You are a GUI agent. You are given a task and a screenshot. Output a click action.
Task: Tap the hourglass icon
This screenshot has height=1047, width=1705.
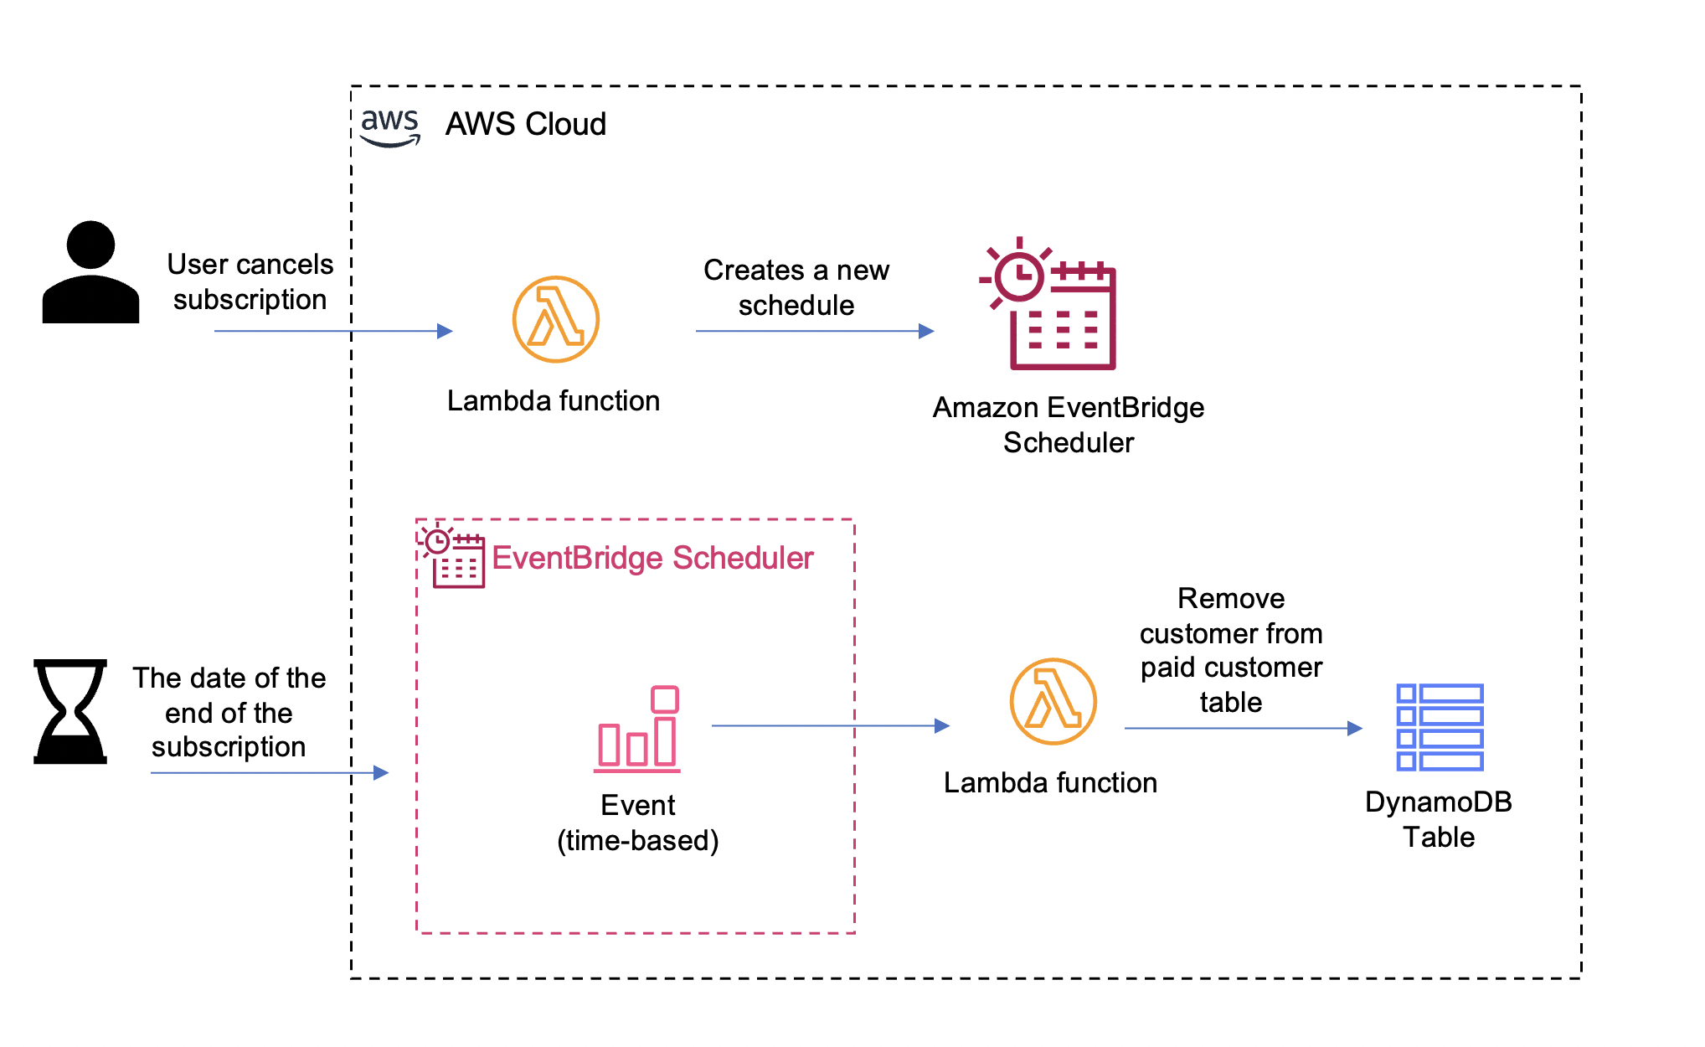click(70, 711)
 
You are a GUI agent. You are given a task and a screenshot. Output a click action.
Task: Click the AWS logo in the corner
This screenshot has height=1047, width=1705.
click(389, 127)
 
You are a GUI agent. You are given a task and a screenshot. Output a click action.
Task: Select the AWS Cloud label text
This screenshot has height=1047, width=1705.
click(525, 124)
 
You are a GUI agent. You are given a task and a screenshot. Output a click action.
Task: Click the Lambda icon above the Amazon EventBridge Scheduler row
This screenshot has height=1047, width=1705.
click(555, 319)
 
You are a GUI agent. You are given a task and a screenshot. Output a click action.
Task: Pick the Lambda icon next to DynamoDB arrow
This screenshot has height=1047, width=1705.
click(1053, 701)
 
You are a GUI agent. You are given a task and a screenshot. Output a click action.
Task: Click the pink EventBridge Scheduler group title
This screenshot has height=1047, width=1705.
click(652, 558)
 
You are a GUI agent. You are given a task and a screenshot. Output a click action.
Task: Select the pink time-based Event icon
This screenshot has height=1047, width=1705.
click(637, 729)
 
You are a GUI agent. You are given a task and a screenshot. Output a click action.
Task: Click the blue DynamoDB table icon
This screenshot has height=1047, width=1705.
click(1440, 727)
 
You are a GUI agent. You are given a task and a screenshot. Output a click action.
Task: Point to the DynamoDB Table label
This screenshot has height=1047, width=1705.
click(1438, 819)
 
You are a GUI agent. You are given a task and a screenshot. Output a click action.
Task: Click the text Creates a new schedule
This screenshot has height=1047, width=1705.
click(796, 287)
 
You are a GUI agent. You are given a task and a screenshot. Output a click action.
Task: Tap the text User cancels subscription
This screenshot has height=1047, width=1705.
click(250, 281)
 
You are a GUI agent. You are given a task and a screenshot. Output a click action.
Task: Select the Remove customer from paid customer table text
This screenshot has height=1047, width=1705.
click(1230, 650)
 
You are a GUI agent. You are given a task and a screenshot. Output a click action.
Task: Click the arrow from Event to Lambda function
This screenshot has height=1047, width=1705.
click(829, 725)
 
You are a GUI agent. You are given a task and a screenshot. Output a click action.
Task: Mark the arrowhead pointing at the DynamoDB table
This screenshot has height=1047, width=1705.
click(1354, 728)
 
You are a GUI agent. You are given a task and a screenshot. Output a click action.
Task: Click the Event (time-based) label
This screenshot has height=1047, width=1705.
click(637, 823)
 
